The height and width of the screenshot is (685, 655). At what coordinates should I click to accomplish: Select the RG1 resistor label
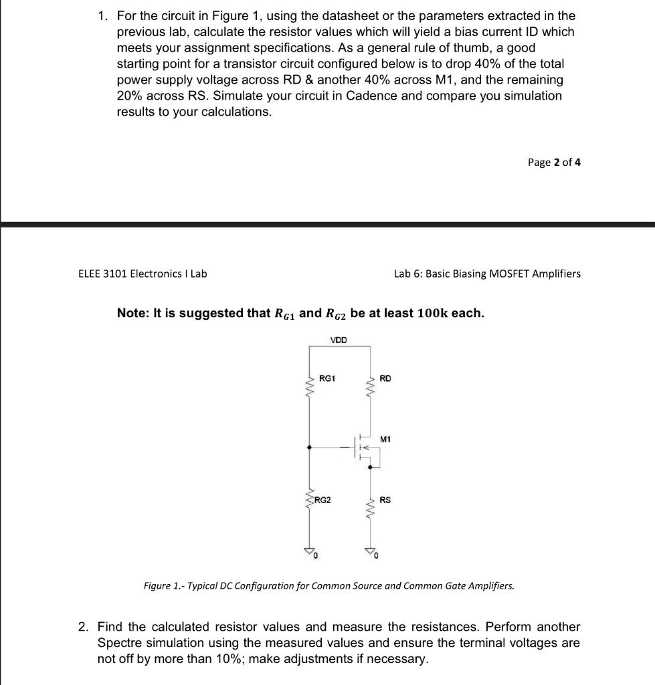[x=327, y=379]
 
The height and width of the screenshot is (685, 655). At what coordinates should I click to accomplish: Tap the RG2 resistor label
[x=322, y=499]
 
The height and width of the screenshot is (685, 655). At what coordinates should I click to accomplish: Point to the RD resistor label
[x=385, y=379]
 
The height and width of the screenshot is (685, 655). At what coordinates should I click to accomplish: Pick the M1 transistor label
[x=385, y=439]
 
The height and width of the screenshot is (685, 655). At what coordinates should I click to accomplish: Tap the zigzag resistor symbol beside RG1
[x=308, y=386]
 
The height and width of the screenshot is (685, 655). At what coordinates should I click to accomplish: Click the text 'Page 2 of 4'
[x=554, y=163]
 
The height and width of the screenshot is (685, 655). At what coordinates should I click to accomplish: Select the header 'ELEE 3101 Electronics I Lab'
[x=143, y=274]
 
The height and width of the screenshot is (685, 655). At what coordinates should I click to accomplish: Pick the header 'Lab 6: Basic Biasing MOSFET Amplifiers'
[x=487, y=274]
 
